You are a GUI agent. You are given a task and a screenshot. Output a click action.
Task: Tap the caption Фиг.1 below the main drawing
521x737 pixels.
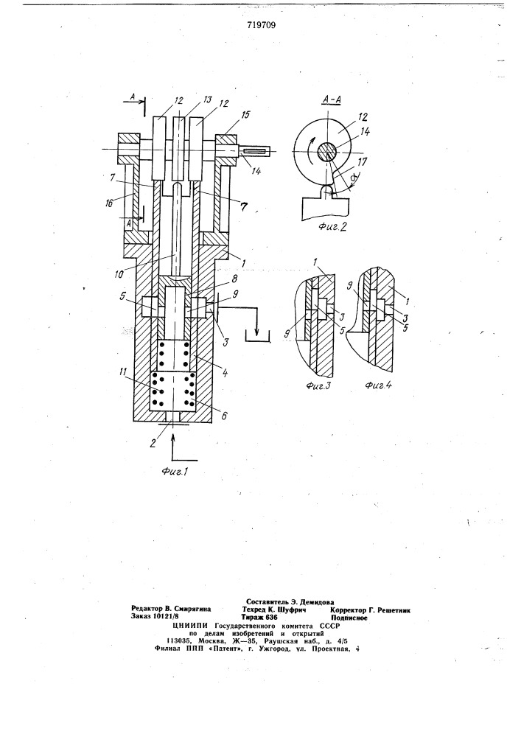point(175,472)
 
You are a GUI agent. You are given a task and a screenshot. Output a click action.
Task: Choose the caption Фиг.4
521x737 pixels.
point(379,385)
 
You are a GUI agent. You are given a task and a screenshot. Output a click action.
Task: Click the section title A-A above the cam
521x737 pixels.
point(332,100)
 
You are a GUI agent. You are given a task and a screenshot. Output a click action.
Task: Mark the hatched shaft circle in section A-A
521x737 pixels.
point(327,152)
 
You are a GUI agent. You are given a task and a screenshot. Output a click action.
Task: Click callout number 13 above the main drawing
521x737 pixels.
point(207,100)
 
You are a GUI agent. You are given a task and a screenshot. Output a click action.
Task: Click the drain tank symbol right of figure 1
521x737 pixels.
point(256,336)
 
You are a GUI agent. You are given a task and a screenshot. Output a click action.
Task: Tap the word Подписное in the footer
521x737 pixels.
point(349,618)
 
